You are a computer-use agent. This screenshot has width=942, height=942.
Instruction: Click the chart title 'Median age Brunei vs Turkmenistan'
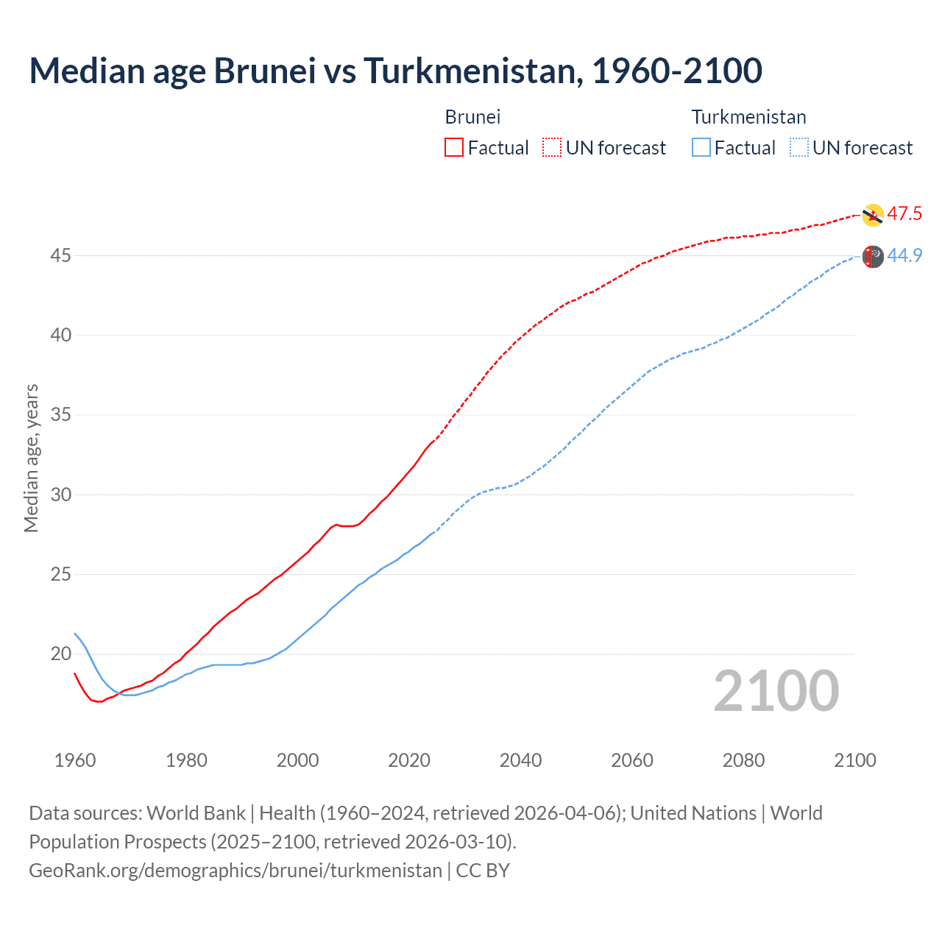(395, 71)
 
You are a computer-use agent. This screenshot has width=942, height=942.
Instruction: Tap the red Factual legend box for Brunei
(454, 147)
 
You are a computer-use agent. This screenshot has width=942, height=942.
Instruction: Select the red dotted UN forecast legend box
(552, 147)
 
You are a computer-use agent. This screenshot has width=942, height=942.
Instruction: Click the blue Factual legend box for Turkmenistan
(701, 147)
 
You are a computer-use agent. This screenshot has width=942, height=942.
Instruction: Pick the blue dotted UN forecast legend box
(799, 147)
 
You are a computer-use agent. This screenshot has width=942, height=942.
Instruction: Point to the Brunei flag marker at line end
(872, 215)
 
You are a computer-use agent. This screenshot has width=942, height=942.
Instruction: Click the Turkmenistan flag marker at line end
(872, 256)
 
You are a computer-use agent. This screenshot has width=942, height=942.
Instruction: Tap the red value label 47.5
(904, 214)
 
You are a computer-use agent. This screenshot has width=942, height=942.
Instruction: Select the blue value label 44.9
(904, 255)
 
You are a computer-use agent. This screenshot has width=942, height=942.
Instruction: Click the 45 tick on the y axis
(61, 255)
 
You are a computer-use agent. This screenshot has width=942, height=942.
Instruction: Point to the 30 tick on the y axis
(61, 495)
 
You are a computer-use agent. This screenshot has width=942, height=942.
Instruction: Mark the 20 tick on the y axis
(61, 654)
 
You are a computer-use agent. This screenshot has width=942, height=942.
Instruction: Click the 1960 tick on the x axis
(75, 760)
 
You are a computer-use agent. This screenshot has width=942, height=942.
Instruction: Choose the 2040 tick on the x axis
(520, 760)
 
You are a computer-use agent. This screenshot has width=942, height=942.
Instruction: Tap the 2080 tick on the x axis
(743, 760)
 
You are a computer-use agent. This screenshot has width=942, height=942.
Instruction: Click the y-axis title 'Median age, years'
(31, 458)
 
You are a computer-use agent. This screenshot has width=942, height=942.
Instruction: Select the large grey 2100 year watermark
(776, 691)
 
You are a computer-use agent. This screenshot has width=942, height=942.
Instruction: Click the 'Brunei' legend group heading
(472, 117)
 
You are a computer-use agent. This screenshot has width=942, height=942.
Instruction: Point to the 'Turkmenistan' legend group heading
(748, 117)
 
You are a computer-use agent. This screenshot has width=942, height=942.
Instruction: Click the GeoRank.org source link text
(235, 871)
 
